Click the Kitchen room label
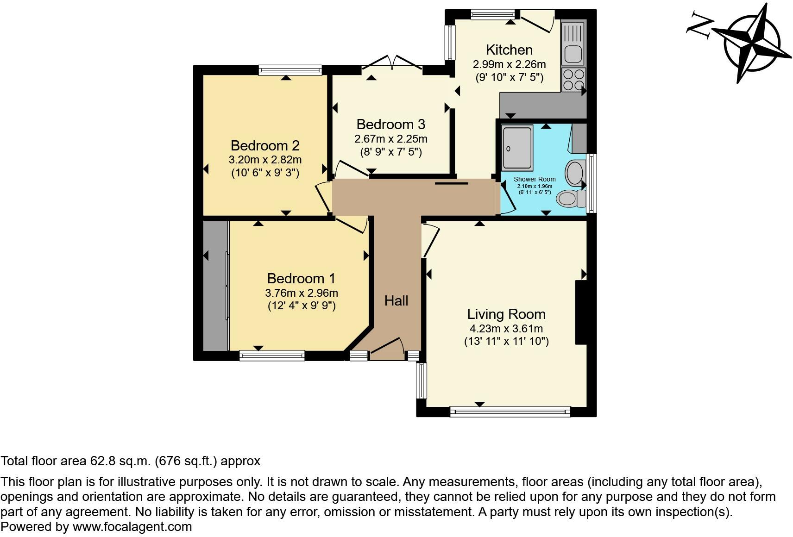[509, 50]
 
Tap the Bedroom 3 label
[390, 124]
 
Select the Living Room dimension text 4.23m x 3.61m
[506, 329]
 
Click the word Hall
[396, 301]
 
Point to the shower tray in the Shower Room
[517, 147]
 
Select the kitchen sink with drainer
[573, 44]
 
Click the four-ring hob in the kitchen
[573, 80]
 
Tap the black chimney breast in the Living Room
[581, 312]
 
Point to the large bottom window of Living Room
[510, 411]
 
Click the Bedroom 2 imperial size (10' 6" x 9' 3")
[265, 173]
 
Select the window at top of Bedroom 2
[290, 70]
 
